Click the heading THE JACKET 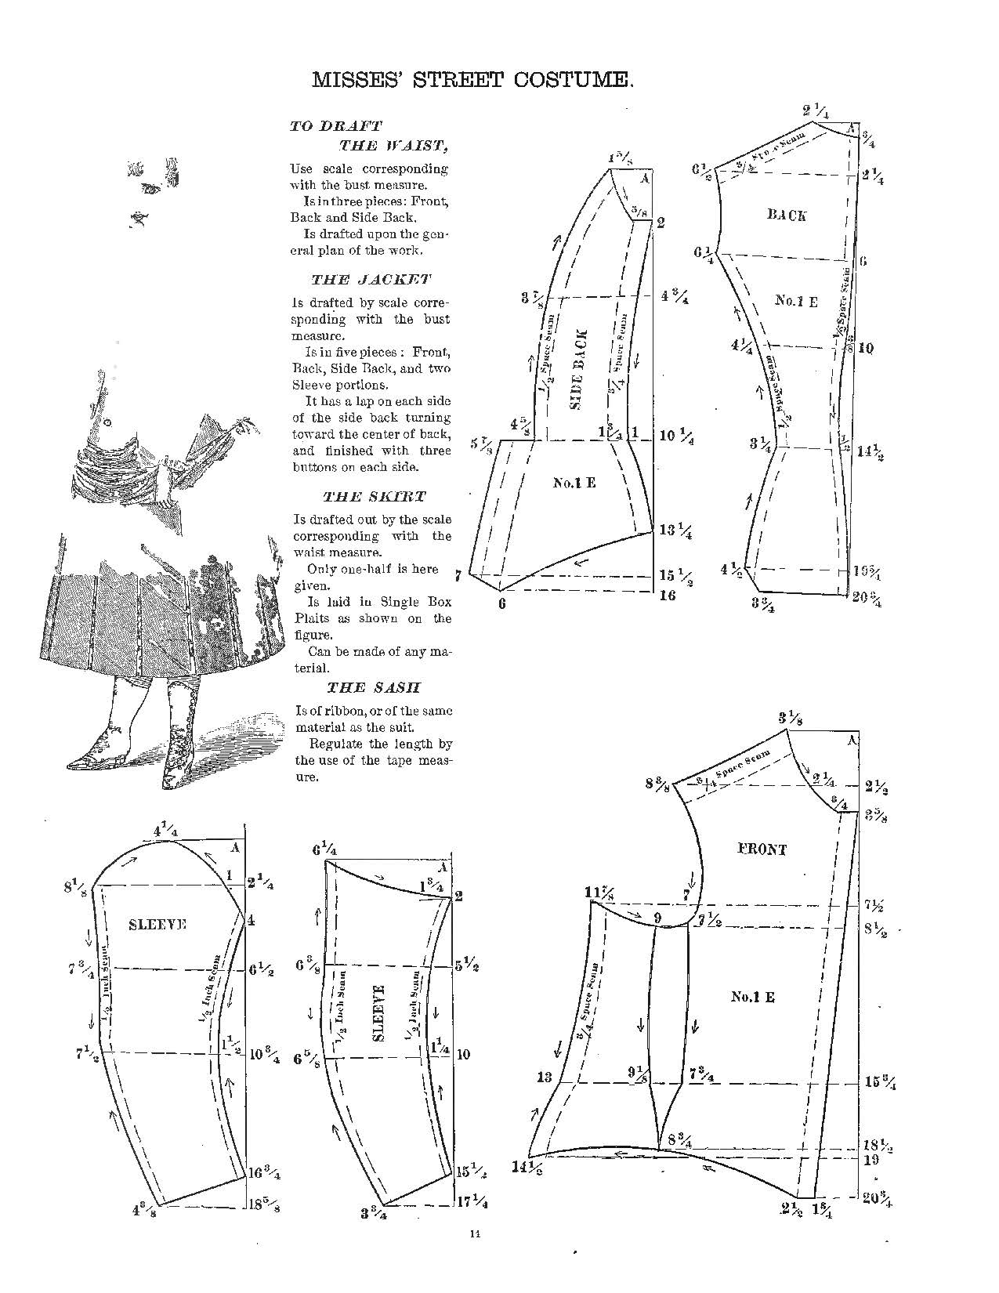[371, 280]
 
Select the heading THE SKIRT [375, 497]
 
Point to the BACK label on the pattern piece [787, 215]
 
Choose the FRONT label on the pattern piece [762, 849]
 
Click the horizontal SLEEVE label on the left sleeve [157, 925]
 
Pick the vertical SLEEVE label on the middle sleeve [379, 1012]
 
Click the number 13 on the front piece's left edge [544, 1078]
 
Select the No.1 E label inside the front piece [752, 998]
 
